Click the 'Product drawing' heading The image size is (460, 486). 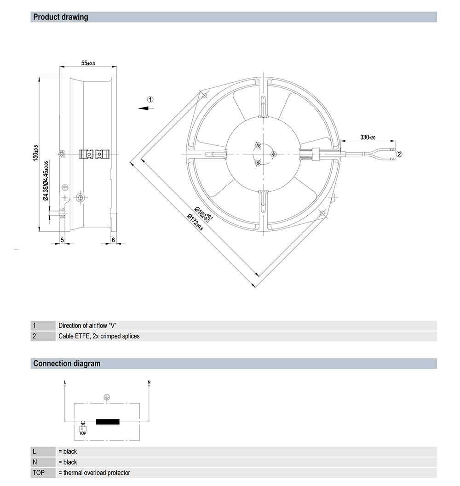coord(61,17)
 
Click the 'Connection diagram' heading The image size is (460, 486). coord(67,364)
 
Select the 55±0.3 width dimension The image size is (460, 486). coord(88,63)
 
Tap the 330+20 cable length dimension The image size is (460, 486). coord(368,137)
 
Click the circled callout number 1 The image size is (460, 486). coord(150,99)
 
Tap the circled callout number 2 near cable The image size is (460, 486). coord(399,154)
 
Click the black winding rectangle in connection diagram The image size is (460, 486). coord(107,422)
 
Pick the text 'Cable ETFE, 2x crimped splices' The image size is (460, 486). coord(99,336)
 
